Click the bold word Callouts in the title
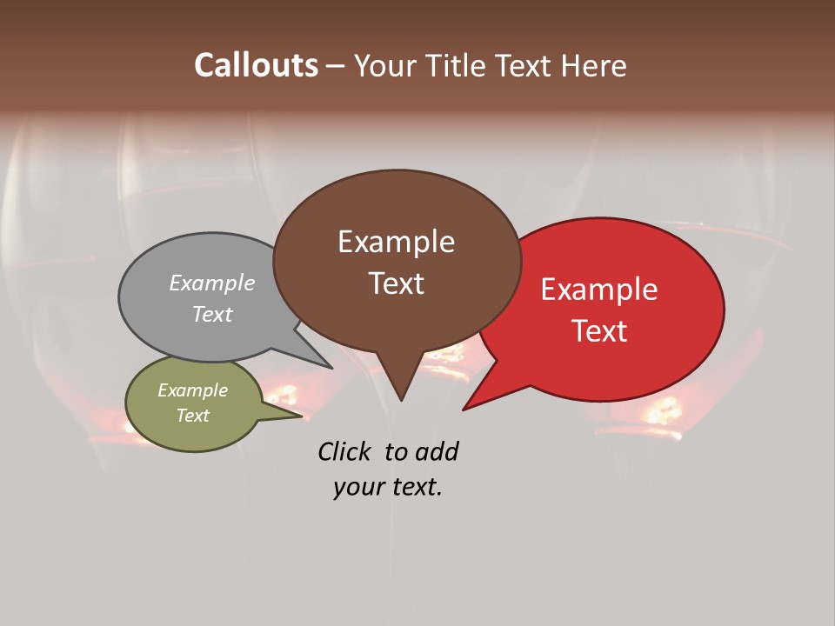[x=256, y=65]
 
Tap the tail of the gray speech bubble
[x=327, y=364]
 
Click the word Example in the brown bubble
[x=396, y=242]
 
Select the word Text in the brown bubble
[x=396, y=283]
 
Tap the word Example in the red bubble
[x=599, y=290]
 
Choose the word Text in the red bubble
[x=599, y=331]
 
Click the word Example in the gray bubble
[x=212, y=283]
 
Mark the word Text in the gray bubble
[x=212, y=314]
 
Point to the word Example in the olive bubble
[x=193, y=390]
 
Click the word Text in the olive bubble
[x=193, y=416]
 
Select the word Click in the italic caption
[x=344, y=451]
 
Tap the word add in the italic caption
[x=437, y=451]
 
